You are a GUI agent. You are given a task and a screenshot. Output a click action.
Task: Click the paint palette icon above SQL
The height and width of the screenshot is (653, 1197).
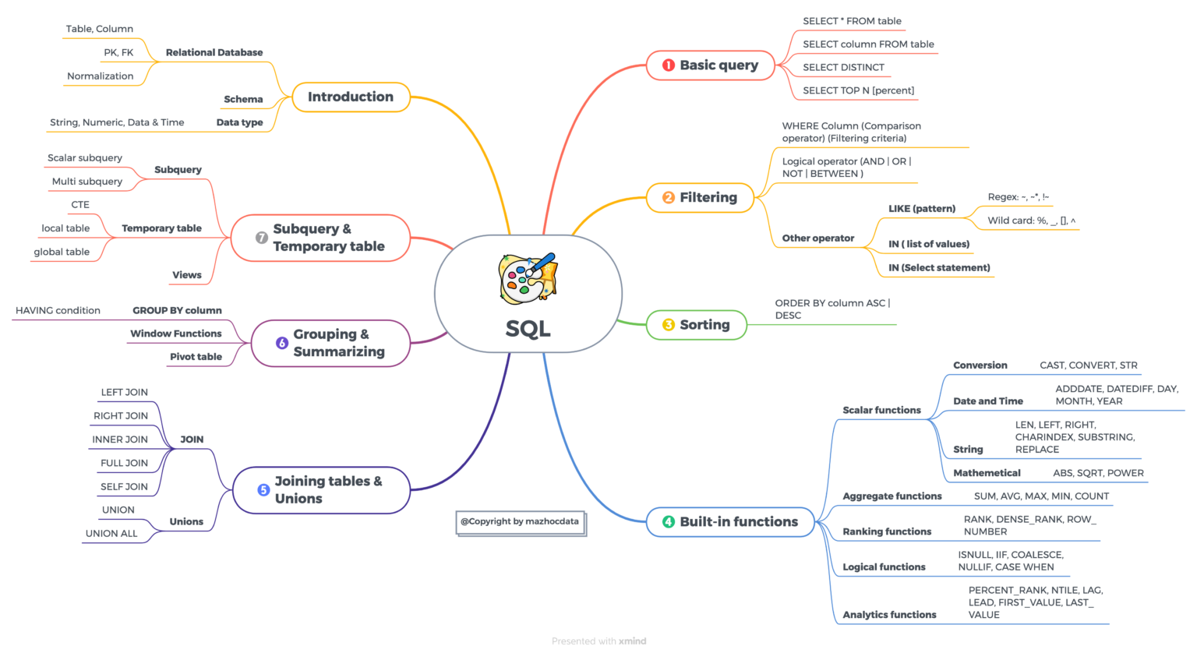528,278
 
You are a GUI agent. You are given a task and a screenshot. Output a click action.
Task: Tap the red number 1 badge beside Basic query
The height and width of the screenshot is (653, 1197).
668,65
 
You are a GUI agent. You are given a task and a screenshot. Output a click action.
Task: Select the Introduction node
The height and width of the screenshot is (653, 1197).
351,97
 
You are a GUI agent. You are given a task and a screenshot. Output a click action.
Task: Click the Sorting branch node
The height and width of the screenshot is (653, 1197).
696,324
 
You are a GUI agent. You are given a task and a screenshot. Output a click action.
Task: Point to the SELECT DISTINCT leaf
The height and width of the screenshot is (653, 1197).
843,67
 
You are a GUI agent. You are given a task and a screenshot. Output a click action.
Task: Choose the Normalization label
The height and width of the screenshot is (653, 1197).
100,76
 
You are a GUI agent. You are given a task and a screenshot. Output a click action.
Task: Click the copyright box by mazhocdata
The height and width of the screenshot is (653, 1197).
521,522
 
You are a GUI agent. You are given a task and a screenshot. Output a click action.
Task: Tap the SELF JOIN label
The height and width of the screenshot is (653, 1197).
124,486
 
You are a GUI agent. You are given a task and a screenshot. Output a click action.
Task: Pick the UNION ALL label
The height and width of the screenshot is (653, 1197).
111,533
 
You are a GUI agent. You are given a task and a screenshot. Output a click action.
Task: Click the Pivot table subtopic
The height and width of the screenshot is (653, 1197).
196,356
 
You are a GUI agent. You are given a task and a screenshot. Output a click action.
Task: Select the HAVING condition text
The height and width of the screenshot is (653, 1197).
58,310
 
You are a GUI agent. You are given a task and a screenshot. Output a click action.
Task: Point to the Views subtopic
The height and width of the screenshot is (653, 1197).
186,274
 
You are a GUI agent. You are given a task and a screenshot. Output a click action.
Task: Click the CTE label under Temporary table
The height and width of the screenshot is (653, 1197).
80,205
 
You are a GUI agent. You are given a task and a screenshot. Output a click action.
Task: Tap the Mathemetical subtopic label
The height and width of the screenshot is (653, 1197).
987,473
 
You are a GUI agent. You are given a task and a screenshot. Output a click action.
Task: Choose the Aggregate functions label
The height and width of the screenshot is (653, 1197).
892,496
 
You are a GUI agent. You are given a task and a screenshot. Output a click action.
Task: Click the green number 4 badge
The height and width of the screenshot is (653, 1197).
668,521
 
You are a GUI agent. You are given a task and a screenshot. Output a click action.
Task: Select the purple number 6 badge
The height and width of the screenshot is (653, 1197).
281,343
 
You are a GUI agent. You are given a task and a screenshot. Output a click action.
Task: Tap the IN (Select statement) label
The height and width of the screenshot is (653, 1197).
939,268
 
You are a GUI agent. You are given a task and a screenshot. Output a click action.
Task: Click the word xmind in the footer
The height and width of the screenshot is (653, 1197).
632,641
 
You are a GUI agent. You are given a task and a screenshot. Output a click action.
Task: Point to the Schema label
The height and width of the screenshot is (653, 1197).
243,100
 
